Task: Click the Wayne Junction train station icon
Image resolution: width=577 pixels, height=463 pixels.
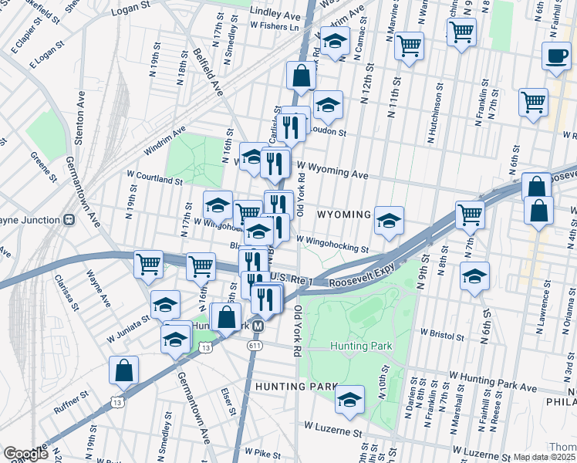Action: pyautogui.click(x=69, y=219)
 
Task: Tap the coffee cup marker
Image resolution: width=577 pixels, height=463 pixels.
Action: pyautogui.click(x=555, y=56)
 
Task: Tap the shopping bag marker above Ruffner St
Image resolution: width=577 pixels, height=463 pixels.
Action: pyautogui.click(x=123, y=370)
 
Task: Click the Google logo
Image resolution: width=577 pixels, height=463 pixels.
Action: pyautogui.click(x=25, y=455)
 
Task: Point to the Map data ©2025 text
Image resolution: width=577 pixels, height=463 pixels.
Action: pyautogui.click(x=542, y=457)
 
